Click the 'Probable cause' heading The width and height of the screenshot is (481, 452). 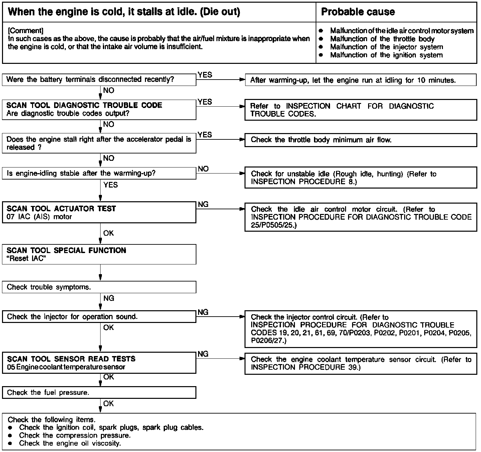[358, 12]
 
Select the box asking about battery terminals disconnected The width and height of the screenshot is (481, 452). [99, 80]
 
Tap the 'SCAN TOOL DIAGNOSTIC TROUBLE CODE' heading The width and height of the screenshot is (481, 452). [84, 105]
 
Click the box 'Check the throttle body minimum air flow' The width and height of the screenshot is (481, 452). [361, 140]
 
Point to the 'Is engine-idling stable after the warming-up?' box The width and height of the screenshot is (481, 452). [99, 174]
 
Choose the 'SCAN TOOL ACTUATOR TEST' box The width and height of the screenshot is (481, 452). [99, 212]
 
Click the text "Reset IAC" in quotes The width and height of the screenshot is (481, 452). [26, 259]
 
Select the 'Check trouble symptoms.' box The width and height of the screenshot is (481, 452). [99, 287]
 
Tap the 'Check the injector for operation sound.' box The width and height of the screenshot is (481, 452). [99, 317]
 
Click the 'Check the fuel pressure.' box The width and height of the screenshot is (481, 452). [99, 392]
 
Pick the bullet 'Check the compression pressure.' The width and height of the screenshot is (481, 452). [75, 435]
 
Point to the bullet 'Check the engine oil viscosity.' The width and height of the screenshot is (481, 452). [70, 443]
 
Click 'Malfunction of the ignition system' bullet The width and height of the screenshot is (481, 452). [386, 55]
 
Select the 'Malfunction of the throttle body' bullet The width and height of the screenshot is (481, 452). [382, 39]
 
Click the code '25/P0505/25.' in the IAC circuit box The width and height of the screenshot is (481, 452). [274, 225]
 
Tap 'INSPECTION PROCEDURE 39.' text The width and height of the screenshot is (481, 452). [306, 367]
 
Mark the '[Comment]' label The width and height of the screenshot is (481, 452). [25, 31]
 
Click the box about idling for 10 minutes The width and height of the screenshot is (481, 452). [361, 80]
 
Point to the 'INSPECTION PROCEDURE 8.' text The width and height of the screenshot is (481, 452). [304, 182]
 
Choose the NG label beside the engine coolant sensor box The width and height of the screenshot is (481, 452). [203, 354]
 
